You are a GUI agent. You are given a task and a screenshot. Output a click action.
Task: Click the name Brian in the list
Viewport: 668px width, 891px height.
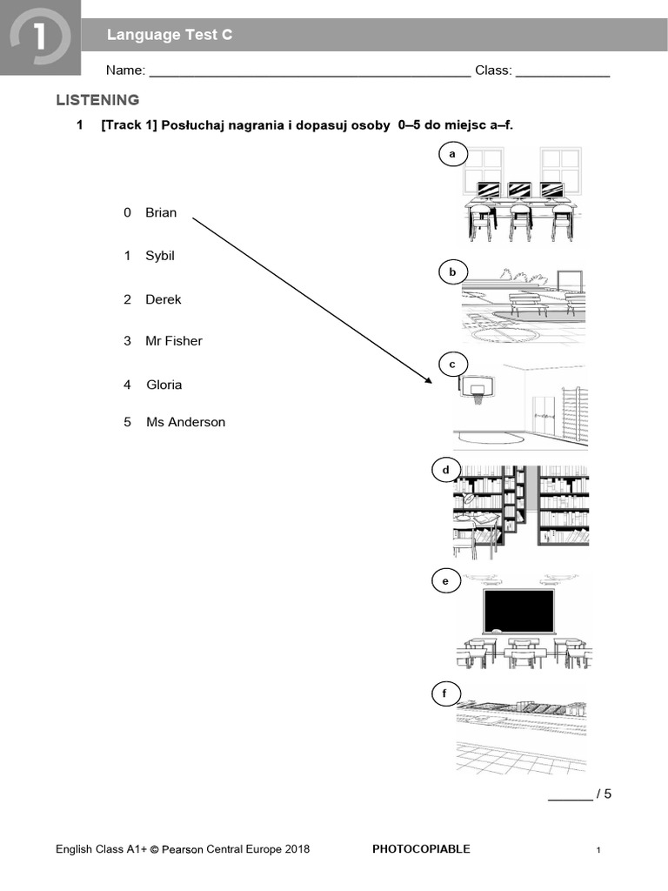tap(161, 212)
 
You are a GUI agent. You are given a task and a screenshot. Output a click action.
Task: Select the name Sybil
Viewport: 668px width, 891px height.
tap(160, 256)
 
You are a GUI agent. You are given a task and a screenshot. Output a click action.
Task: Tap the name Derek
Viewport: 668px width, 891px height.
tap(164, 299)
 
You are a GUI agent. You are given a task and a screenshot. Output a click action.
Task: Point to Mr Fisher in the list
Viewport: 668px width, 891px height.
tap(174, 341)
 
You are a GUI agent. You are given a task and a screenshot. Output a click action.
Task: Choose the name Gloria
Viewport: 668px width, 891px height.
tap(164, 385)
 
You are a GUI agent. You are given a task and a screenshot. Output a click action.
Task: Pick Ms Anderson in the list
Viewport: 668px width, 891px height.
tap(185, 422)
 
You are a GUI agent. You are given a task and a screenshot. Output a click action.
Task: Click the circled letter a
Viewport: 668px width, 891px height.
tap(451, 155)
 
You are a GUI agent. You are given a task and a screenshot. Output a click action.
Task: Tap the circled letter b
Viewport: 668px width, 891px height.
tap(452, 272)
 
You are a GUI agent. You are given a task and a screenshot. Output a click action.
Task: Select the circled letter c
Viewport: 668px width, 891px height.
tap(452, 364)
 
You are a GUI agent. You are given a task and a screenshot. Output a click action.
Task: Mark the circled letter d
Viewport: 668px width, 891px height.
tap(446, 471)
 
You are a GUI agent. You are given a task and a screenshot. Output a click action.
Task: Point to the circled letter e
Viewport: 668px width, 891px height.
tap(445, 581)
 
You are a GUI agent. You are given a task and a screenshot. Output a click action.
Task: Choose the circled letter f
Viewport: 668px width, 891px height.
tap(444, 693)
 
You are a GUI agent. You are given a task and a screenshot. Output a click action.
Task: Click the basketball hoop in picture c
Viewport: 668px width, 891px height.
tap(475, 390)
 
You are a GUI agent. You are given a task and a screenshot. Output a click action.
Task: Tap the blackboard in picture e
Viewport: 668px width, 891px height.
tap(519, 610)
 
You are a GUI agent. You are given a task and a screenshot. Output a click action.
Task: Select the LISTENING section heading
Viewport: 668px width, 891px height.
tap(97, 100)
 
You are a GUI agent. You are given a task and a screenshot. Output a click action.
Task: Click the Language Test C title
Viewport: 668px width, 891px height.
tap(170, 35)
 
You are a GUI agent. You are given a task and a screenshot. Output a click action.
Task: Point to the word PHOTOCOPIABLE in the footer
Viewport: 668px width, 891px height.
tap(421, 849)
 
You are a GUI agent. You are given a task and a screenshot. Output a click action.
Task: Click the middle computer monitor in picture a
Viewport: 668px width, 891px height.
tap(519, 189)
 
